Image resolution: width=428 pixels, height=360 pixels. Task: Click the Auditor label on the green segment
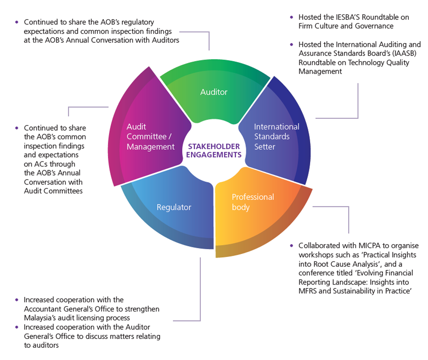214,92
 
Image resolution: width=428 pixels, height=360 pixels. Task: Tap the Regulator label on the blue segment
174,207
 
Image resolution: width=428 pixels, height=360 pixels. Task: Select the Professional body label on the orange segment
253,202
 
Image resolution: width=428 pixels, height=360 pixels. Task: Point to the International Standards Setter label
277,137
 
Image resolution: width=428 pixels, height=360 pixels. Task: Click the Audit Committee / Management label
150,137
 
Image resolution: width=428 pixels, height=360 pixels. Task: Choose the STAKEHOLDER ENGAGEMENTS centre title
213,151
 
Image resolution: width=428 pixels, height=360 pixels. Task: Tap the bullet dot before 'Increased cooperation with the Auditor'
16,327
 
